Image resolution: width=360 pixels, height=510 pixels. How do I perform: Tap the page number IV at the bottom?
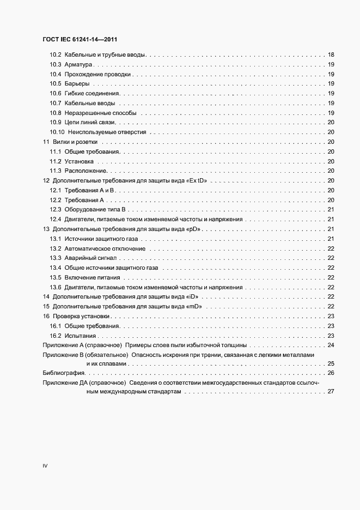click(46, 466)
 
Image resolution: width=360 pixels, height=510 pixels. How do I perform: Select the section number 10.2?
click(55, 56)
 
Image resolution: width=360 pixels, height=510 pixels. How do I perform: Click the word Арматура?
click(79, 65)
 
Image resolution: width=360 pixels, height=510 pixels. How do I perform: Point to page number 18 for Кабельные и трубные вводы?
click(331, 56)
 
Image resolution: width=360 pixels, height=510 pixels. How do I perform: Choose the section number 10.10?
click(57, 132)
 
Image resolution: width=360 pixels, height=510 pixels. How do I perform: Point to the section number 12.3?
click(55, 209)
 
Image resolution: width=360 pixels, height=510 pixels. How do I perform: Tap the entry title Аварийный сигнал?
click(90, 258)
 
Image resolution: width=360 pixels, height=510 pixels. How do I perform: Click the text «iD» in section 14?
click(193, 297)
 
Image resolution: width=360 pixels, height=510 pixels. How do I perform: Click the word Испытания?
click(81, 336)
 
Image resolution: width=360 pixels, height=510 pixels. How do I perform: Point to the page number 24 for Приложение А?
click(331, 345)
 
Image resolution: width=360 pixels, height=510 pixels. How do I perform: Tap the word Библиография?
click(64, 373)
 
